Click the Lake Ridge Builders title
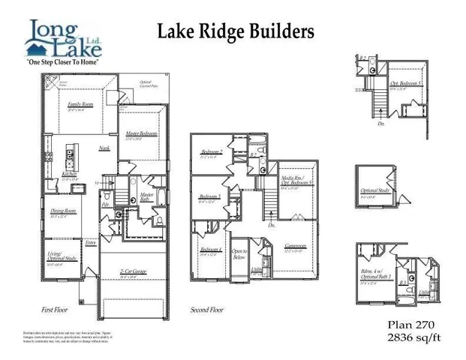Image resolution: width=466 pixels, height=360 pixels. (236, 31)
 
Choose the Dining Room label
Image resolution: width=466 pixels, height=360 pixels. (63, 211)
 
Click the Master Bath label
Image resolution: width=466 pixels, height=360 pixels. (147, 196)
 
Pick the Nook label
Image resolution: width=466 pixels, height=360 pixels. (104, 148)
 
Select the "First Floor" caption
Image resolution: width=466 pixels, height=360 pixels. (58, 309)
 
